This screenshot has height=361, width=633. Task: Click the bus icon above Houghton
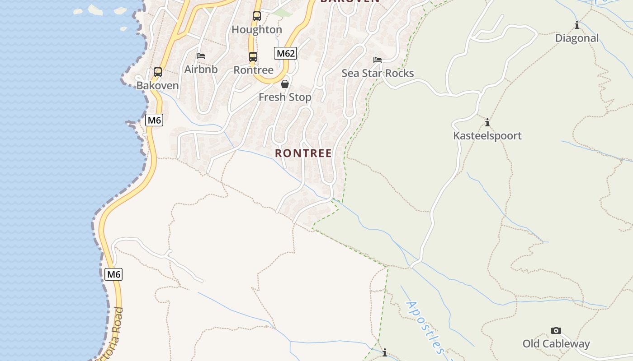click(256, 16)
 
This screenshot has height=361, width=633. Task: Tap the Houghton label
click(257, 30)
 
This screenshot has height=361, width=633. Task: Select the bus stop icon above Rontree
click(253, 57)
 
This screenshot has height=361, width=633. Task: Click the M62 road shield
click(285, 53)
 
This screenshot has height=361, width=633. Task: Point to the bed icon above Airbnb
click(201, 56)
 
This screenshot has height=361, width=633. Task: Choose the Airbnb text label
click(201, 69)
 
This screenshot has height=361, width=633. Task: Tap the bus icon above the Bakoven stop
click(158, 72)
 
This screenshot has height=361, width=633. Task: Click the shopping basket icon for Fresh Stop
click(285, 84)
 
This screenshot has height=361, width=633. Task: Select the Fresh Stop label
click(285, 97)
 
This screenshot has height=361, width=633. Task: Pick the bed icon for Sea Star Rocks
click(378, 60)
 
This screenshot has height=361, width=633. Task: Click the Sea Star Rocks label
click(378, 73)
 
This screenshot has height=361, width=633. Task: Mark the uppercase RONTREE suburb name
click(303, 153)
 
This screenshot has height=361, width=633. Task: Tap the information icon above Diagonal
click(577, 25)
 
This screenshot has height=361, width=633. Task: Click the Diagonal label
click(577, 38)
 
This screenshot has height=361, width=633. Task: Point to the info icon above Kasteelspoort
click(487, 122)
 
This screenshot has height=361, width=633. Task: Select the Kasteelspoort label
click(487, 136)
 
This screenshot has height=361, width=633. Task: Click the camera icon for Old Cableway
click(556, 331)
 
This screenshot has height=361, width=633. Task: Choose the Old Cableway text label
click(556, 344)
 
